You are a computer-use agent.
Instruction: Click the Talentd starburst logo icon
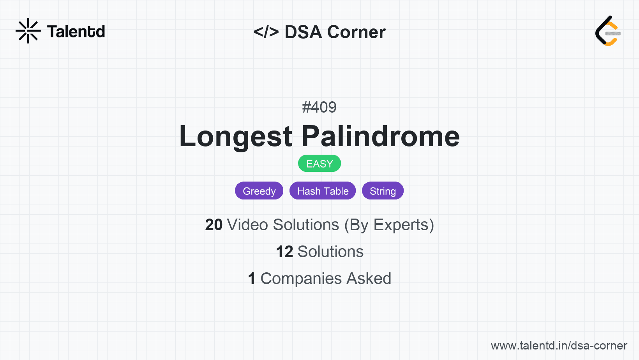28,31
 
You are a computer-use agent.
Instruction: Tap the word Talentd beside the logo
76,32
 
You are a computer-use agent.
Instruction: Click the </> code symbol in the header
266,32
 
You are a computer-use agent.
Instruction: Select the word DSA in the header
304,32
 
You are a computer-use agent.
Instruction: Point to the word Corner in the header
356,32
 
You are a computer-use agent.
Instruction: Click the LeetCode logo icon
608,31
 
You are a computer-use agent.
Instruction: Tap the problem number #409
319,107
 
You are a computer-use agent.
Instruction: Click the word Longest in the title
236,136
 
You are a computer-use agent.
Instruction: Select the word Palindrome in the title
381,136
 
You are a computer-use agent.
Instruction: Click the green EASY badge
319,164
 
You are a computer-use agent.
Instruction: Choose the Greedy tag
259,191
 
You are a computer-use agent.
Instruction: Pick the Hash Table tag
323,191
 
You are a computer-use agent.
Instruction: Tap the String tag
383,191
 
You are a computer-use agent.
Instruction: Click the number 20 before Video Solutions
214,225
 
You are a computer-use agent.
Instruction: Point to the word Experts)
404,225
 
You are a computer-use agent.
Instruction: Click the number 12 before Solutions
284,252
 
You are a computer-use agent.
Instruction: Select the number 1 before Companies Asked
252,279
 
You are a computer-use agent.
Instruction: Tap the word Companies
301,279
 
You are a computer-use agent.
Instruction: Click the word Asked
369,279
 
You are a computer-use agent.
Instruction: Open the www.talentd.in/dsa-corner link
559,346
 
